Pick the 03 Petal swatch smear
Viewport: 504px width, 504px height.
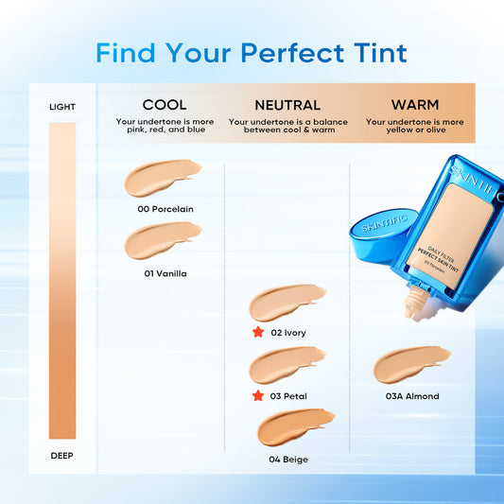[x=287, y=365]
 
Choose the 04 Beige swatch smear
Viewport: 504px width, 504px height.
[x=295, y=427]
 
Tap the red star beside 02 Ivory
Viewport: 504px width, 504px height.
[x=256, y=333]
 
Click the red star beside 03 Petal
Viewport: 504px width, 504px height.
[x=256, y=395]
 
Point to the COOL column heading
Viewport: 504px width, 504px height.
[x=165, y=105]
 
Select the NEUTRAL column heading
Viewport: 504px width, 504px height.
[x=287, y=105]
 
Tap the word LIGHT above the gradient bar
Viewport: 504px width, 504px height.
[x=62, y=107]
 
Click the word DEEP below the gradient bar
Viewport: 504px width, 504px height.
[x=62, y=456]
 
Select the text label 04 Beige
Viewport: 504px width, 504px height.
[x=287, y=460]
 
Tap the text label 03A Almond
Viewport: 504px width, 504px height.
[x=412, y=396]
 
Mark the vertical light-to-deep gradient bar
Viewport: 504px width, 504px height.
[x=62, y=281]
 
